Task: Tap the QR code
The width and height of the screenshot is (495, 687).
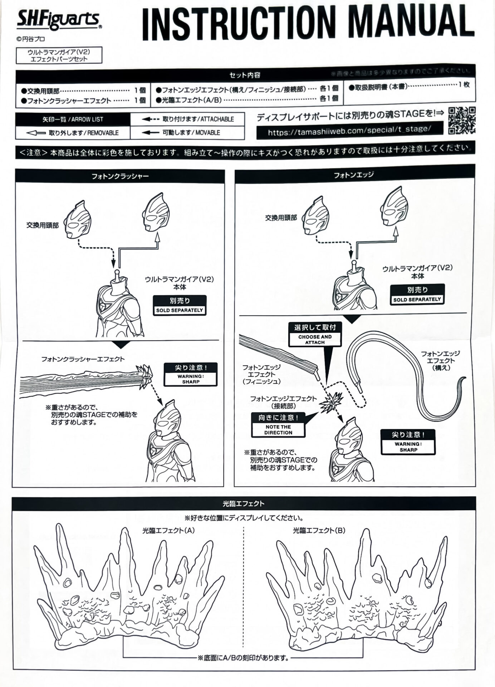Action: [462, 120]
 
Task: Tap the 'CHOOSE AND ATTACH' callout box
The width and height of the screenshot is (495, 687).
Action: [315, 334]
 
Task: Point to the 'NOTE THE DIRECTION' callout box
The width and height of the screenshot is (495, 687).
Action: [278, 425]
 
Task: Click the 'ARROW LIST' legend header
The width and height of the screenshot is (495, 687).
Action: [73, 119]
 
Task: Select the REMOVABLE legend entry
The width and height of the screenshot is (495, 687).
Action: [73, 133]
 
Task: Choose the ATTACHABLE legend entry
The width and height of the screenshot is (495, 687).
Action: [188, 119]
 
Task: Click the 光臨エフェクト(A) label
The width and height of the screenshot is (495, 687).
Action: [168, 530]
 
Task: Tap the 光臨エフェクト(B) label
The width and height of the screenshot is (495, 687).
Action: [319, 530]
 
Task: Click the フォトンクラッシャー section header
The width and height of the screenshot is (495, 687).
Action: [120, 176]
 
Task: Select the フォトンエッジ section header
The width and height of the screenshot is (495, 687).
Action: [353, 175]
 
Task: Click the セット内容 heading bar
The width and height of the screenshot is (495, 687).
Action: [245, 75]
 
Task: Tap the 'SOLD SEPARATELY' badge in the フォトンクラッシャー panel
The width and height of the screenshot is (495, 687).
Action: [180, 305]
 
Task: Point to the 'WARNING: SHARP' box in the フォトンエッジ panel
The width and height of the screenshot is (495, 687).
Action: [408, 442]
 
